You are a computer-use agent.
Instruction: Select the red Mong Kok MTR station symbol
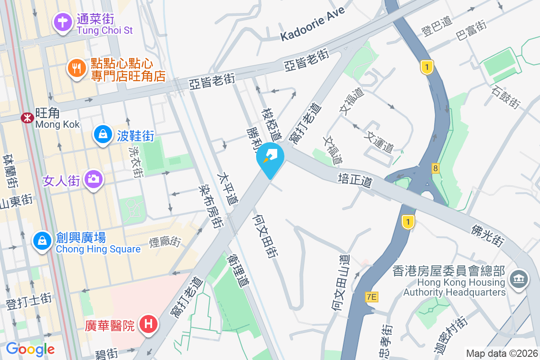27,118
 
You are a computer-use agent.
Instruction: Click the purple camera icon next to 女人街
94,179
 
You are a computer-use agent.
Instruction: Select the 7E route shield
371,297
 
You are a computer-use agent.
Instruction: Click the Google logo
30,349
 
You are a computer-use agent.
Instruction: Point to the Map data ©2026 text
502,353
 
